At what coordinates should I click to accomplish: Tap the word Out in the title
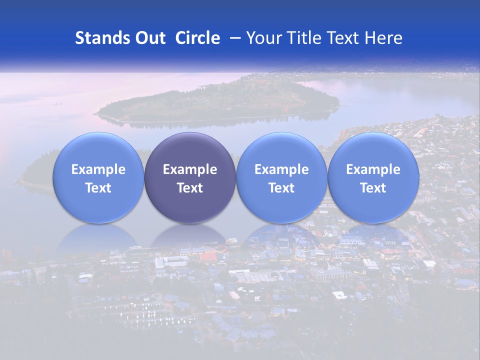[148, 38]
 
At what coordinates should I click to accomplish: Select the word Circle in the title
[197, 38]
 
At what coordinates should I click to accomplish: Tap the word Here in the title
[383, 38]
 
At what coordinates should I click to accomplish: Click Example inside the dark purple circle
[190, 169]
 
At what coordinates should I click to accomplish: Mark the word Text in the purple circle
[190, 188]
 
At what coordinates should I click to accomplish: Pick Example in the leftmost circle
[98, 169]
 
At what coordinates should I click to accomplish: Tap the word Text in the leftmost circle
[98, 188]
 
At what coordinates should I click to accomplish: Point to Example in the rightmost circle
[373, 169]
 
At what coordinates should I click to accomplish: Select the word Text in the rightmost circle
[373, 188]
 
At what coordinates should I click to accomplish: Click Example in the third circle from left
[281, 169]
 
